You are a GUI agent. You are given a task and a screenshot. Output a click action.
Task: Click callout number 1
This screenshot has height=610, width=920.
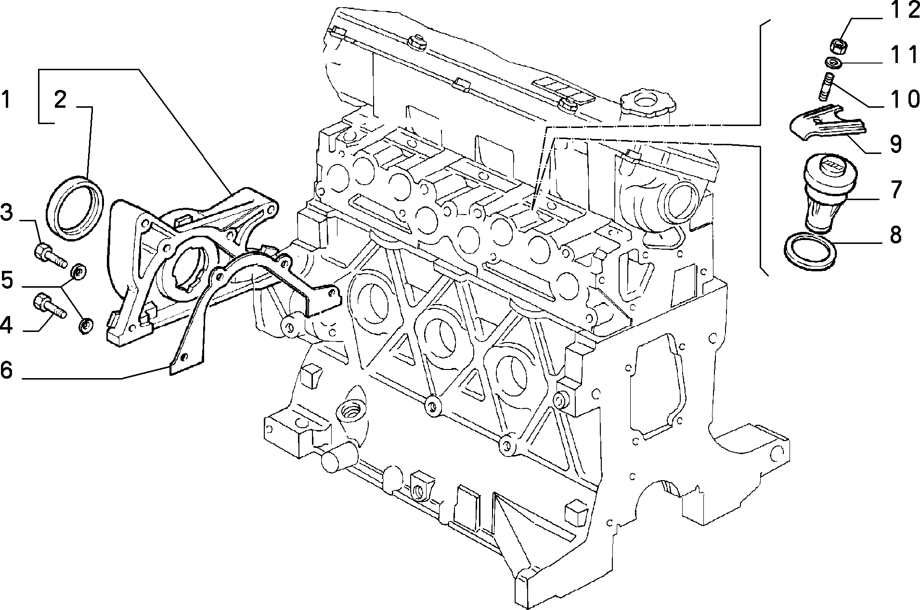pyautogui.click(x=6, y=100)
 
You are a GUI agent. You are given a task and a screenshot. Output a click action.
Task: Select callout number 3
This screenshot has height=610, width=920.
pyautogui.click(x=6, y=213)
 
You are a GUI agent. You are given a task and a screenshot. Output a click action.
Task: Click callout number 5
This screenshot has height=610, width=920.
pyautogui.click(x=7, y=280)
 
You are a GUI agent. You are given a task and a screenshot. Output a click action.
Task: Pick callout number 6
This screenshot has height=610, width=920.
pyautogui.click(x=6, y=370)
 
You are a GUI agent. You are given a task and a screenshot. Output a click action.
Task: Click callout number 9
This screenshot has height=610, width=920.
pyautogui.click(x=895, y=144)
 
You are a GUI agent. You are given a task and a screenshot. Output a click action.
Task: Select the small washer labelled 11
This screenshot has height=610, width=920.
pyautogui.click(x=833, y=63)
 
